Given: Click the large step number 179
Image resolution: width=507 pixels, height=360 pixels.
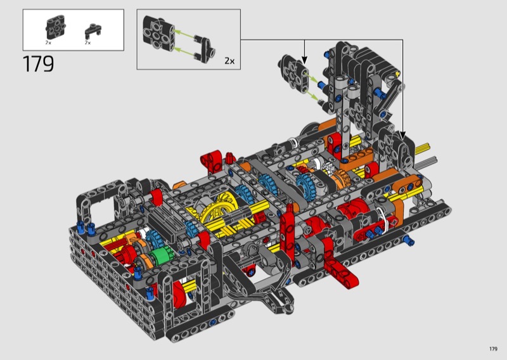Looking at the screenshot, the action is click(x=38, y=64).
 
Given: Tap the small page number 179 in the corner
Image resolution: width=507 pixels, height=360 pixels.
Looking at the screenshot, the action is click(x=493, y=349).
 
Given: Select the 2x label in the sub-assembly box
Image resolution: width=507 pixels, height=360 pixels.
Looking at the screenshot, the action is click(x=229, y=61).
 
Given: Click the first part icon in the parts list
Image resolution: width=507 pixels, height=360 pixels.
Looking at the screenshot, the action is click(x=56, y=29).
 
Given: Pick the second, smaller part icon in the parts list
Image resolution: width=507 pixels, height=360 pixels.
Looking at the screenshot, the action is click(x=93, y=30).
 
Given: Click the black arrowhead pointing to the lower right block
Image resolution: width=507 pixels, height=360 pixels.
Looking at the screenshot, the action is click(x=402, y=134).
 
